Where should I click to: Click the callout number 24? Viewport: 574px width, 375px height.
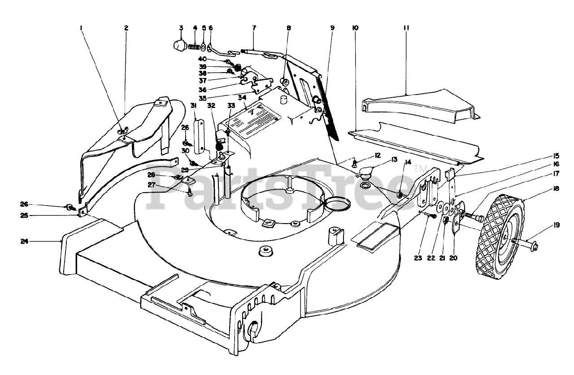tap(24, 241)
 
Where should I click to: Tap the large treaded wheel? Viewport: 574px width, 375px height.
tap(500, 237)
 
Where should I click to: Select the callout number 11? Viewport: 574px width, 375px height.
tap(406, 28)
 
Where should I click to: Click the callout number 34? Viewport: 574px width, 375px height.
tap(242, 98)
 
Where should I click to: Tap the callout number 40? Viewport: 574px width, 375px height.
tap(202, 59)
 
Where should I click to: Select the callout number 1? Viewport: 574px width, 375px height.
tap(82, 28)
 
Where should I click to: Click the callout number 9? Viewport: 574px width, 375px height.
tap(332, 28)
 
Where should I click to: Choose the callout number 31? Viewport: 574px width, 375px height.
tap(195, 105)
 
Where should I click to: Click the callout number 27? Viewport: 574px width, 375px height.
tap(152, 185)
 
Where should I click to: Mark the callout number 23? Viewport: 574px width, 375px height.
tap(418, 258)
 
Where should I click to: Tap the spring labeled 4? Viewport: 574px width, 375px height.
tap(195, 47)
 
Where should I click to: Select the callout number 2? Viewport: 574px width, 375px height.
tap(126, 28)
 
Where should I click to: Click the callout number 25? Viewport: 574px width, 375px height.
tap(24, 216)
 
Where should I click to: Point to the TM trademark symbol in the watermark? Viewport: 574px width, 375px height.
tap(424, 169)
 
